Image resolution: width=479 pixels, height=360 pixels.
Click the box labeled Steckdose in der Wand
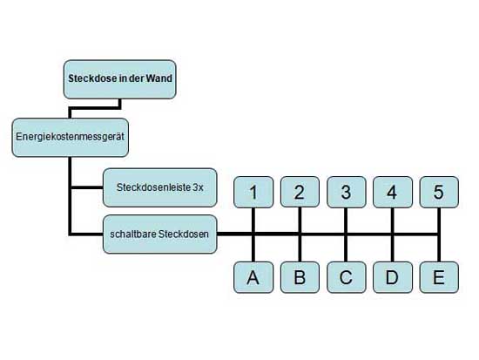click(x=120, y=79)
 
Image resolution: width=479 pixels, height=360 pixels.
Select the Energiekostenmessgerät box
click(x=71, y=138)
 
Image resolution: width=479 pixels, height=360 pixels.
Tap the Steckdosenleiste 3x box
click(x=159, y=187)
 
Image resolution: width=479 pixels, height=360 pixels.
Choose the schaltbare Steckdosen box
click(x=159, y=234)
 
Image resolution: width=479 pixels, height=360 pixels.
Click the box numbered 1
click(x=253, y=192)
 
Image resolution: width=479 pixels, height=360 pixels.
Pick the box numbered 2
click(x=300, y=192)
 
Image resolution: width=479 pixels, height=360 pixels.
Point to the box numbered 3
click(x=347, y=192)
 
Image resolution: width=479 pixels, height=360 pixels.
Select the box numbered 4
click(x=393, y=192)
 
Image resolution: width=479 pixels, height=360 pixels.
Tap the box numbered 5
click(x=439, y=192)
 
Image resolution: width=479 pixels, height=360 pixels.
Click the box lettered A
click(x=253, y=277)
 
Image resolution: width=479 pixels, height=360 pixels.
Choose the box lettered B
click(x=300, y=277)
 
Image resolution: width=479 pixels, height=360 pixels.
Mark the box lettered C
click(x=347, y=277)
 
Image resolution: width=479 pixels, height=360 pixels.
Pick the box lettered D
click(x=393, y=277)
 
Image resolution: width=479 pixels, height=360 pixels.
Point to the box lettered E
click(x=439, y=277)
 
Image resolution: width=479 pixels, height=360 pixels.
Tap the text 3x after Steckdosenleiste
click(x=198, y=187)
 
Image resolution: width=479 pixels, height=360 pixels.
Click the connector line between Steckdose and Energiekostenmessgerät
click(x=95, y=108)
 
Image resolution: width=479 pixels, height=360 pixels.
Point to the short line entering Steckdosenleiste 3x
click(x=87, y=187)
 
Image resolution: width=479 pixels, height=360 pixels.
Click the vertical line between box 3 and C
click(x=346, y=234)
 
